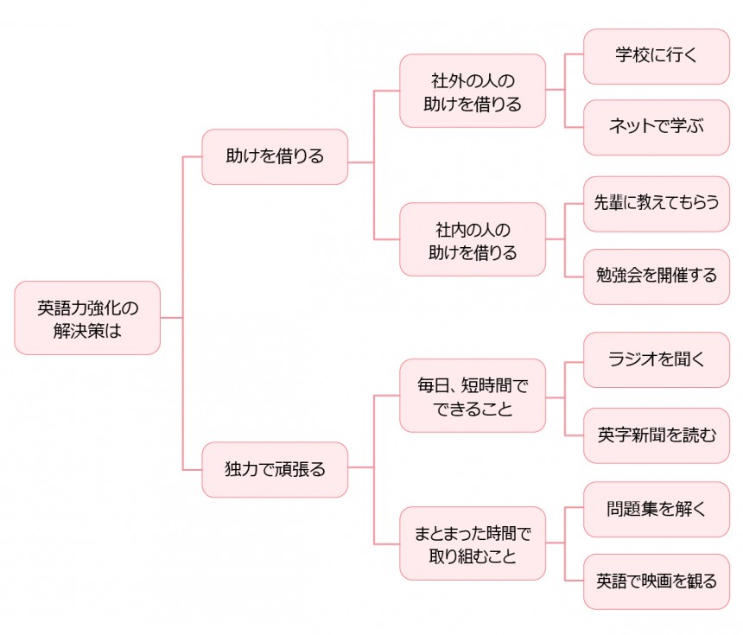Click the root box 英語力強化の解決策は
(87, 318)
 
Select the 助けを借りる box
(275, 156)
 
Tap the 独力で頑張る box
(275, 469)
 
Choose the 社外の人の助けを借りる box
(473, 92)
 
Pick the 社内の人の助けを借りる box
(473, 240)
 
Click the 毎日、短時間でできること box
(473, 396)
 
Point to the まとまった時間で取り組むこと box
(473, 543)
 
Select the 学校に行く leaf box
(657, 56)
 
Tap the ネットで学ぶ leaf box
(657, 127)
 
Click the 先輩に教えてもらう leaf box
(657, 204)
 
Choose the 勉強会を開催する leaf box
(657, 276)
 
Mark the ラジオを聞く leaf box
(657, 359)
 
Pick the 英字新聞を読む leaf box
(657, 435)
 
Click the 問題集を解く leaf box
(657, 509)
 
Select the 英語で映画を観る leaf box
(657, 581)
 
